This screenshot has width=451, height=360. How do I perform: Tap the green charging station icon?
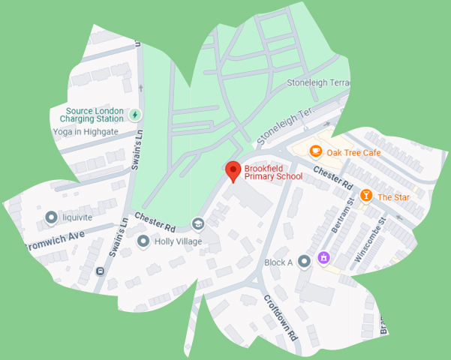click(134, 115)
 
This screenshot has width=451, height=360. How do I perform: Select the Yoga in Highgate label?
click(86, 132)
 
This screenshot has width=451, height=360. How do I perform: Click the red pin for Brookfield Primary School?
click(233, 171)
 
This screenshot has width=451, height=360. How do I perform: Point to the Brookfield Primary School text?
click(273, 172)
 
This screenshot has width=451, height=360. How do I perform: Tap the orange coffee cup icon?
click(316, 151)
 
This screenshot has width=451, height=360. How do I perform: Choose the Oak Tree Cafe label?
click(353, 152)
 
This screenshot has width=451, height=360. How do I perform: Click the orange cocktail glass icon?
click(365, 196)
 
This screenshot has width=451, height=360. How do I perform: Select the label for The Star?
click(392, 197)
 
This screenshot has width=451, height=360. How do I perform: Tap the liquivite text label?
click(77, 217)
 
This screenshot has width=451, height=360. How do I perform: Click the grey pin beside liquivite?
click(51, 217)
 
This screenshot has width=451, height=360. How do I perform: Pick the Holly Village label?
click(179, 241)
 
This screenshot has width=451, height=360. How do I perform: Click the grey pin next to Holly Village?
click(143, 241)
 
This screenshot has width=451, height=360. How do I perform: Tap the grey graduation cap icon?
click(198, 223)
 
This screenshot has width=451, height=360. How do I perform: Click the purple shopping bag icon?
click(323, 258)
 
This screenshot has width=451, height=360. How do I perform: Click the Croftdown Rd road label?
click(281, 314)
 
